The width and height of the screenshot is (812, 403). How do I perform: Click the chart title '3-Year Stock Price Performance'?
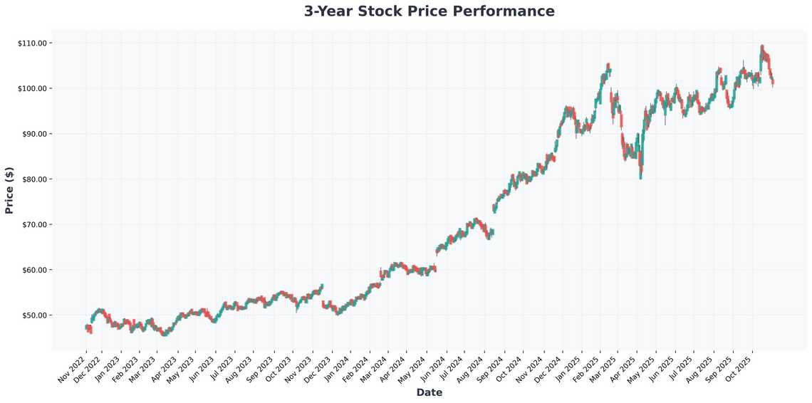click(x=429, y=11)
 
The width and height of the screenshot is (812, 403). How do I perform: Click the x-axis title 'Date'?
click(x=429, y=392)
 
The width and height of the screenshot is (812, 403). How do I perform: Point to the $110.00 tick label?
click(x=32, y=43)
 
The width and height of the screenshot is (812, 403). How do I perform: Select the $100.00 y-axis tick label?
click(x=32, y=88)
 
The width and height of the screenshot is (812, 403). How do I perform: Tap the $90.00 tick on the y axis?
click(x=33, y=134)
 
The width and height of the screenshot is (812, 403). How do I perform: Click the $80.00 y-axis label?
click(x=33, y=179)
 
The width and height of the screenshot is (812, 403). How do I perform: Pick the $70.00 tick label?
click(x=33, y=224)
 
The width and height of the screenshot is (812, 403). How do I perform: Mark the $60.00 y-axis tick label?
click(x=33, y=270)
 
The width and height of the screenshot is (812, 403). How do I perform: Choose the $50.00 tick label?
click(x=33, y=315)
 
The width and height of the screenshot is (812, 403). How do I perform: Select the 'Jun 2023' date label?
click(x=202, y=367)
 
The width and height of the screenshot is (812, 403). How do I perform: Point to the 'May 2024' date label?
click(x=412, y=367)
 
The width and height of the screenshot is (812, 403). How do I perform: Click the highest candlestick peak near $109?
click(x=761, y=48)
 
